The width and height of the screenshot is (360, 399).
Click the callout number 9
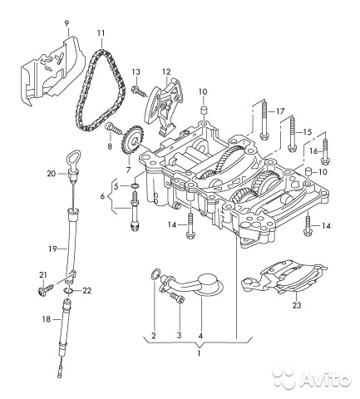[67, 23]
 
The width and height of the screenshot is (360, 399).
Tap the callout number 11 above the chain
[101, 33]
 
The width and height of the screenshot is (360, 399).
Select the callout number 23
[296, 305]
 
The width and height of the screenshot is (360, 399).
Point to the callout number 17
[280, 111]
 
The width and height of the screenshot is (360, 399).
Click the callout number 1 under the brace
[199, 353]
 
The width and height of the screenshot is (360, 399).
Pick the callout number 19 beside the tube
[52, 249]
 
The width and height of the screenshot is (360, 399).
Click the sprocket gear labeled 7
[132, 140]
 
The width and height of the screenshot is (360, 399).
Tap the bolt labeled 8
[114, 128]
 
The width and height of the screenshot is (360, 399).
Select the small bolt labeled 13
[140, 91]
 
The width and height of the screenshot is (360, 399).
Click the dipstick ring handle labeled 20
[74, 156]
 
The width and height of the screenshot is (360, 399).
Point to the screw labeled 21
[47, 290]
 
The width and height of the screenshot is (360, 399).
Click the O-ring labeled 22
[68, 291]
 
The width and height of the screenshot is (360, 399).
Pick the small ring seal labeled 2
[155, 274]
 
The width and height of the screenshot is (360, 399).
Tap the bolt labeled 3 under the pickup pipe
[176, 298]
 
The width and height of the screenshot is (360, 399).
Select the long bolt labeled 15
[292, 134]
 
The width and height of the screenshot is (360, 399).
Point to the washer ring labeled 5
[134, 185]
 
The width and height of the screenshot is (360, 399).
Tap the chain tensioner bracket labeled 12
[165, 107]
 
